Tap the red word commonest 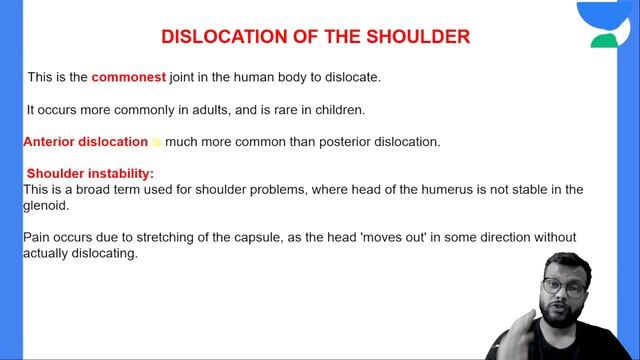coord(128,76)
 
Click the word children coord(337,109)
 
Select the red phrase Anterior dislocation coord(85,142)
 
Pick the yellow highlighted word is coord(156,142)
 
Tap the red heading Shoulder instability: coord(90,173)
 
